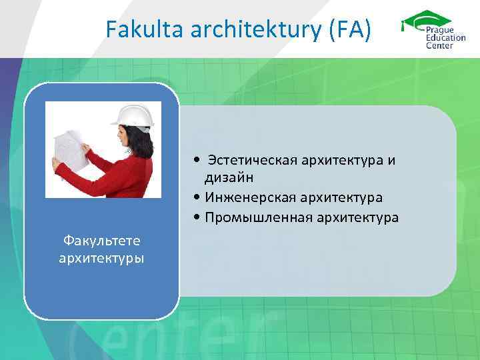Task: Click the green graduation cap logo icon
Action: click(x=424, y=20)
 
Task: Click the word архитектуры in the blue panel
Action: click(x=101, y=257)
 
